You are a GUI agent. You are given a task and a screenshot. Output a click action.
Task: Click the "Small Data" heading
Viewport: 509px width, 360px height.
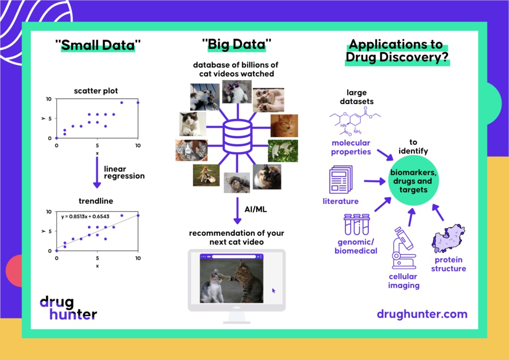[98, 46]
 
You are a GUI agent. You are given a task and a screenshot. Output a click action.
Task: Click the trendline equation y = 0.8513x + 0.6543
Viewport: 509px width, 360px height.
[85, 216]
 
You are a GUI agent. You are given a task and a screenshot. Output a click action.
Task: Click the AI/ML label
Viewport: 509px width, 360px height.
[256, 209]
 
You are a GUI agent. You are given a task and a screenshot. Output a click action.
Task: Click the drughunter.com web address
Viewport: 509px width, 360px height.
[422, 314]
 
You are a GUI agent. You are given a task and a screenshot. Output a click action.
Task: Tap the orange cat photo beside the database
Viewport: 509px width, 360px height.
[284, 126]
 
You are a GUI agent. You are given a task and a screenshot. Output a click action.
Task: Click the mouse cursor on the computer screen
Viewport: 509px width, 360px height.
[273, 291]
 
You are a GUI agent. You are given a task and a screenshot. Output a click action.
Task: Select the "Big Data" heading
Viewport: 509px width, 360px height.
[237, 46]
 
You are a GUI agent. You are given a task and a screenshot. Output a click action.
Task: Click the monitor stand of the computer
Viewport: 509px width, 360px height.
[237, 317]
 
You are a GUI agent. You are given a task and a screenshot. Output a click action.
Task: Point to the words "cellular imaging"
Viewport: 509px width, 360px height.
[404, 281]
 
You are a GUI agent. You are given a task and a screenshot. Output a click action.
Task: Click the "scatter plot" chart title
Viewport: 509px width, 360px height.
[96, 91]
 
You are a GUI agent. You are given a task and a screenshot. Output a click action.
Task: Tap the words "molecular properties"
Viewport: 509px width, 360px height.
[351, 147]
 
